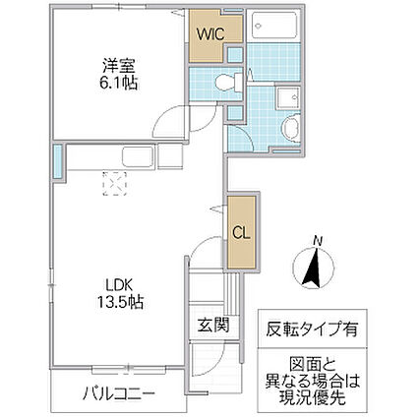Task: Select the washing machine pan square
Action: (x=290, y=98)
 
